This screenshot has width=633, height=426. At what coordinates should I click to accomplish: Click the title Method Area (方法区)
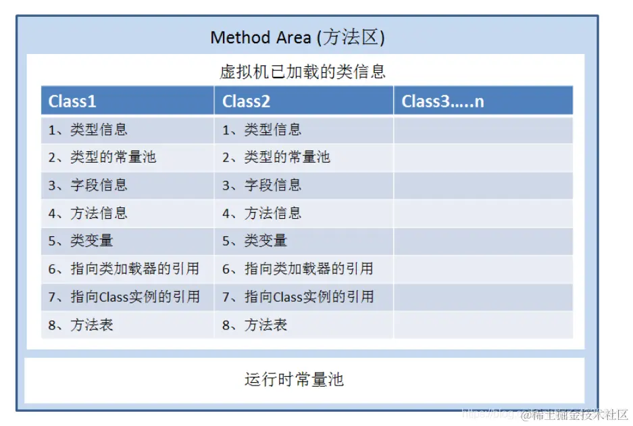coord(297,37)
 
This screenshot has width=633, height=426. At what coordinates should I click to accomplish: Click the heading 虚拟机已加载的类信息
coord(303,72)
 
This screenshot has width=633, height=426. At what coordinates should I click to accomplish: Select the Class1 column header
coord(72,101)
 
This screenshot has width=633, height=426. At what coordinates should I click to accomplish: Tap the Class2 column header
coord(247,101)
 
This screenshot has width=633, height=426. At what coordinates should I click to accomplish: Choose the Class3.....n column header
coord(442,101)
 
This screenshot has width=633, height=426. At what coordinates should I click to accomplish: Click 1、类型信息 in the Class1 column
coord(88,130)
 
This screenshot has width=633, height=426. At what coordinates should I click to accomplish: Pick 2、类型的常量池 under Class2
coord(276,157)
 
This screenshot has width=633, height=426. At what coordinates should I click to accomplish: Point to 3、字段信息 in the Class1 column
coord(88,185)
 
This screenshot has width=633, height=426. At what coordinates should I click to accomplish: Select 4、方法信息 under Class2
coord(262,213)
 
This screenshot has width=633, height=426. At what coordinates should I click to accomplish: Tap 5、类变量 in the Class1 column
coord(80,241)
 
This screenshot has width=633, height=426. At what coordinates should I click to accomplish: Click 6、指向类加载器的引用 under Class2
coord(298,269)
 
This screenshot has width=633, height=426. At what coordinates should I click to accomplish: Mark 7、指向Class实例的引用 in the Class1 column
coord(124,297)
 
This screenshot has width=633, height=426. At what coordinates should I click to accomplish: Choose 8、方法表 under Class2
coord(255,325)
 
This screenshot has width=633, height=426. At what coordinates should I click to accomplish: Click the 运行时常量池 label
coord(294,379)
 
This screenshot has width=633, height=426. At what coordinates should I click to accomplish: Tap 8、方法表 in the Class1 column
coord(80,325)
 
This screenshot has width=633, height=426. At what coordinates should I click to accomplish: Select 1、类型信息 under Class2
coord(262,130)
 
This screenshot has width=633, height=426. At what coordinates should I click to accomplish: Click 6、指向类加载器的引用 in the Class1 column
coord(124,269)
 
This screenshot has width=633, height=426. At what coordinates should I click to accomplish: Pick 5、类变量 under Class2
coord(255,241)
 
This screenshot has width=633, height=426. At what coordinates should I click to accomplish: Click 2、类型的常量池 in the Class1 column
coord(102,157)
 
